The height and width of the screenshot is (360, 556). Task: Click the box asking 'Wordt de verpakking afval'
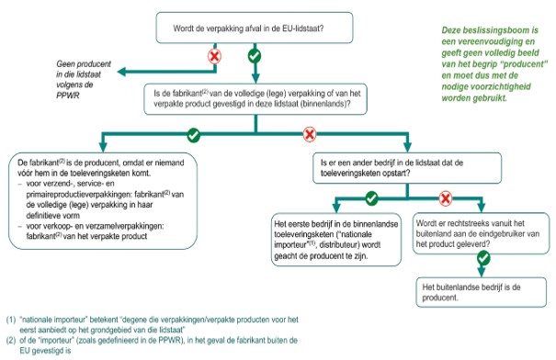[255, 28]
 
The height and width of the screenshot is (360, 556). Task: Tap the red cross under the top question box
[214, 56]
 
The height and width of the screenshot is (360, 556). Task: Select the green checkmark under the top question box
[255, 56]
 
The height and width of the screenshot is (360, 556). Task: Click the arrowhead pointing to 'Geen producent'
[121, 72]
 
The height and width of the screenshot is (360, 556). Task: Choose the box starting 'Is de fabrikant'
[255, 99]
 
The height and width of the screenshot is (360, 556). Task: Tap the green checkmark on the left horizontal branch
[194, 135]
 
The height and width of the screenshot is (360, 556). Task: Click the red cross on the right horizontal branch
[310, 134]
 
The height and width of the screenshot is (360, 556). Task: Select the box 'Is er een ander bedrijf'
[407, 168]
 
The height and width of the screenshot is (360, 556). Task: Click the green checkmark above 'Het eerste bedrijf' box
[371, 198]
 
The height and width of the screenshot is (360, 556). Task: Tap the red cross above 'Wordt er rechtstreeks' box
[446, 198]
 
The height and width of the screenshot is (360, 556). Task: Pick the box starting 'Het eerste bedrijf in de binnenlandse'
[336, 239]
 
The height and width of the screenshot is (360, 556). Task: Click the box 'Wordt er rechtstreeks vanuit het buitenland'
[481, 233]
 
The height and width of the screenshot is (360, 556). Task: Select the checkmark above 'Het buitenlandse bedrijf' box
[483, 258]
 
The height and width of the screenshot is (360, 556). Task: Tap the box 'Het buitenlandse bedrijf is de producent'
[482, 292]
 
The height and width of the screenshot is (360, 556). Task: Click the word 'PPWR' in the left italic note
[68, 96]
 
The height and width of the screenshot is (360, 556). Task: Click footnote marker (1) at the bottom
[11, 320]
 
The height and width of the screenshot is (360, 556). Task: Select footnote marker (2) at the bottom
[11, 341]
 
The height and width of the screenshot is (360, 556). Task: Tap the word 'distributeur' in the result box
[357, 245]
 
